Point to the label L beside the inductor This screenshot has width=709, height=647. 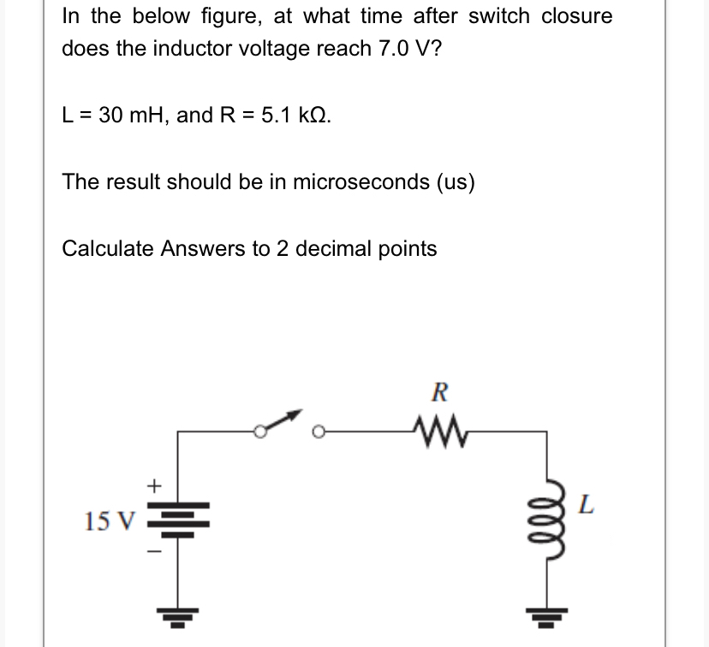click(x=586, y=504)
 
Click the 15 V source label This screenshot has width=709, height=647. click(x=109, y=519)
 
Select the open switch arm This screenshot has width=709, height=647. click(x=278, y=423)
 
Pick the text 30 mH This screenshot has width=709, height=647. click(x=128, y=115)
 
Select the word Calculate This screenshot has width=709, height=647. click(x=105, y=248)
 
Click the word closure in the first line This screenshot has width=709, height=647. click(x=576, y=15)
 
